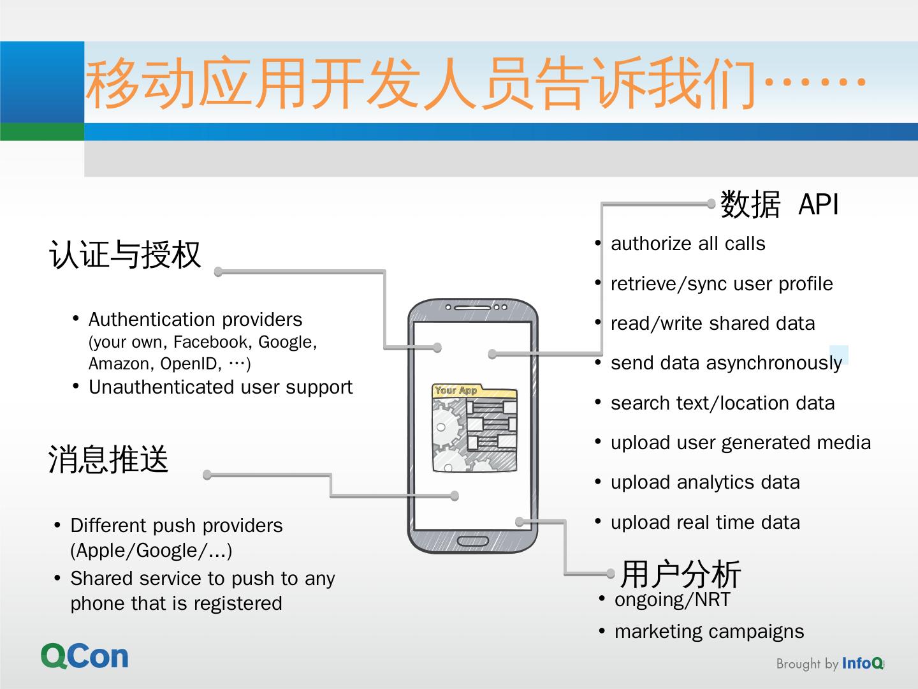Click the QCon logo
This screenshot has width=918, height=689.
85,656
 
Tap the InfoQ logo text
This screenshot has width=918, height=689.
863,663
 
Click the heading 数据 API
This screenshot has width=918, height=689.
779,205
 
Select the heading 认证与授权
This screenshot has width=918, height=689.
125,255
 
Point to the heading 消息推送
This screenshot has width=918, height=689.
108,459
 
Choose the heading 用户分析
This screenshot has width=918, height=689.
680,574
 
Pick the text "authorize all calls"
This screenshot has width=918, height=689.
688,244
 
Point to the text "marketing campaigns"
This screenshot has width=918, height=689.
709,632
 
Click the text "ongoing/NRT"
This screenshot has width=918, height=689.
672,600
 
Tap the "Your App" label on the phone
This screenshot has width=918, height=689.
456,390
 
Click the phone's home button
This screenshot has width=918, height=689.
473,542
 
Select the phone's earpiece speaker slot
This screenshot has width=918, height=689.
473,307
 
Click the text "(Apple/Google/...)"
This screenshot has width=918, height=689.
151,551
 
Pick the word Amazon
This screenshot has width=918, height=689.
120,364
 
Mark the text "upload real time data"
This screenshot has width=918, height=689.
705,522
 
